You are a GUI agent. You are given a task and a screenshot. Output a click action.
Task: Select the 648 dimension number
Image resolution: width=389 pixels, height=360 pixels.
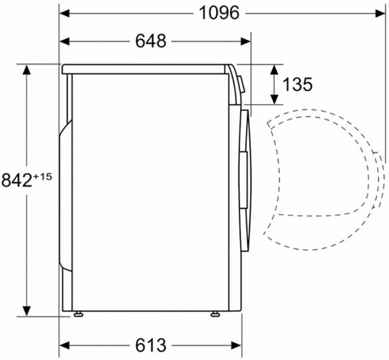150,41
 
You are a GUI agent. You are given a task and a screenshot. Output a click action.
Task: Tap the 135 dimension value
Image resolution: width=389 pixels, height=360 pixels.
297,85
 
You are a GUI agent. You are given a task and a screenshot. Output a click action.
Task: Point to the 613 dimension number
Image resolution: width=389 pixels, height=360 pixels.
150,345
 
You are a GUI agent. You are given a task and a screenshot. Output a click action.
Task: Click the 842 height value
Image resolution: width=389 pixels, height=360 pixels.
15,181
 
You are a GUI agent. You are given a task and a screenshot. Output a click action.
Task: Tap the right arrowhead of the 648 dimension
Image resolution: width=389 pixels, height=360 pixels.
246,41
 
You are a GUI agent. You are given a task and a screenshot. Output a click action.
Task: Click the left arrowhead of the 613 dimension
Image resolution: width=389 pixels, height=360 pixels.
65,345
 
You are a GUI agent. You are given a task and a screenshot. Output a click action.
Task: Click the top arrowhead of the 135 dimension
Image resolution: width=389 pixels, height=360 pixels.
275,69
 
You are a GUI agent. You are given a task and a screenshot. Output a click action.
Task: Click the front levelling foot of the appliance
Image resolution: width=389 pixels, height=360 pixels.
215,314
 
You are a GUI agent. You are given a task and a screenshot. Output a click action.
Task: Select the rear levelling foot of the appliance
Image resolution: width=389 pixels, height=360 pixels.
76,314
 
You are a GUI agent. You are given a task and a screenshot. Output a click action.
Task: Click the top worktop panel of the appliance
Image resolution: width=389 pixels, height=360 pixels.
146,69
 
